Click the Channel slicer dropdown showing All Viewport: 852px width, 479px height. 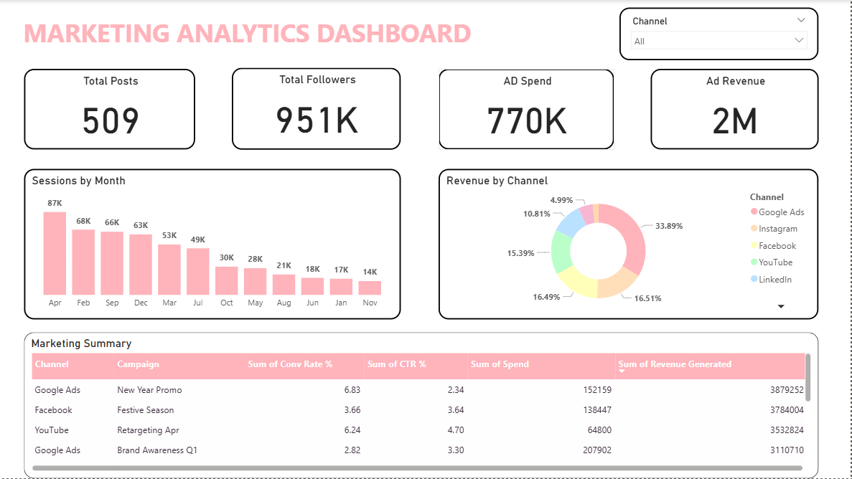click(718, 41)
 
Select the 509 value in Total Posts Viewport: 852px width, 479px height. click(111, 120)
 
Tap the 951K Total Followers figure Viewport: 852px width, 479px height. click(317, 120)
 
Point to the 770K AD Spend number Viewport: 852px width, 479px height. click(527, 120)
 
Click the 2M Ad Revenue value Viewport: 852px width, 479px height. click(734, 121)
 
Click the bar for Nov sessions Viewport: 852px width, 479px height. click(370, 288)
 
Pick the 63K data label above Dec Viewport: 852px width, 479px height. click(141, 225)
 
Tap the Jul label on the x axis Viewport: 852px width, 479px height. click(198, 303)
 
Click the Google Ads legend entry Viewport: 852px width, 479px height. click(781, 212)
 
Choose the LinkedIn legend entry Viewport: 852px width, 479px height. click(774, 280)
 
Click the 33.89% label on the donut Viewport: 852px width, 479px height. click(668, 226)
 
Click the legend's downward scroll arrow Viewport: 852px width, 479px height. click(782, 306)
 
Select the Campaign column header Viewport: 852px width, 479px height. click(139, 364)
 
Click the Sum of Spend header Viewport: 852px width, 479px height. click(500, 364)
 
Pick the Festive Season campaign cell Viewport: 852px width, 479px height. click(146, 410)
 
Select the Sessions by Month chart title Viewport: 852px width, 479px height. click(78, 181)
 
